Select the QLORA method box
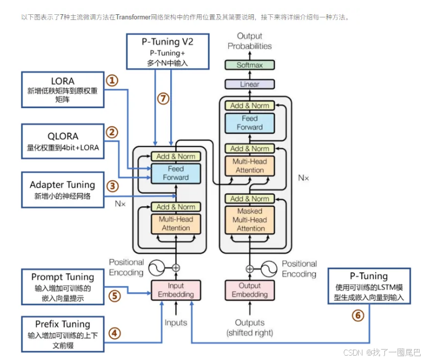tap(62, 140)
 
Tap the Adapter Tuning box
tap(62, 190)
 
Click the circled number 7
tap(163, 99)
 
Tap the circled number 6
tap(358, 315)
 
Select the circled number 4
tap(114, 333)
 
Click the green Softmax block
tap(249, 65)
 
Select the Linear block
tap(249, 85)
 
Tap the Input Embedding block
tap(176, 290)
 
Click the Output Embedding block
tap(250, 290)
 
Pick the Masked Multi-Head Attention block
tap(250, 220)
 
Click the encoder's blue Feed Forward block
tap(175, 173)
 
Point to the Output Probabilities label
tap(249, 41)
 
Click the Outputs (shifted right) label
tap(250, 328)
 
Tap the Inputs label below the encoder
tap(176, 323)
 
